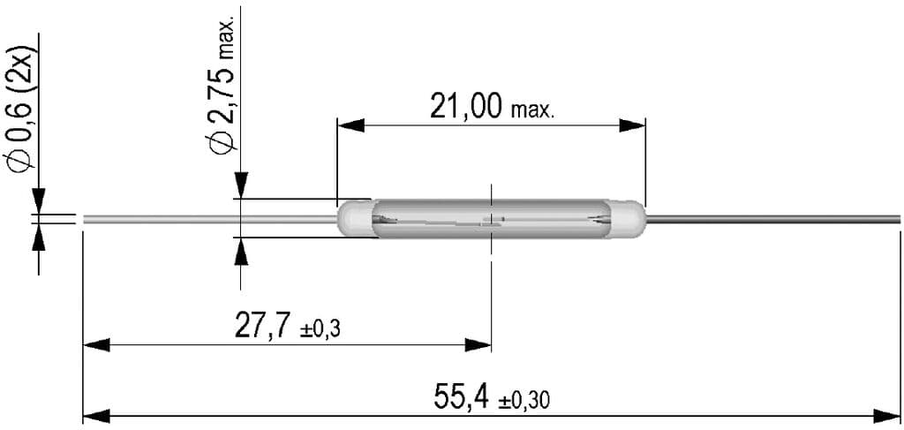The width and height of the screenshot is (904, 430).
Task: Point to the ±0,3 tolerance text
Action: tap(320, 329)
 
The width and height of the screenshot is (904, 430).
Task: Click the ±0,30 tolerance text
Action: tap(524, 401)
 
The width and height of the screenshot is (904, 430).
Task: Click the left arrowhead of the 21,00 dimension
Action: tap(350, 126)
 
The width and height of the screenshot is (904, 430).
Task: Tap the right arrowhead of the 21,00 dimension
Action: tap(632, 126)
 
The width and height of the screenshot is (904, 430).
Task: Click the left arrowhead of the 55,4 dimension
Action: tap(95, 415)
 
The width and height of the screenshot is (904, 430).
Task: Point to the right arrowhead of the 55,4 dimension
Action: tap(887, 415)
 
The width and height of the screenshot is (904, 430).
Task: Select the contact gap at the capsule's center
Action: tap(491, 221)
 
